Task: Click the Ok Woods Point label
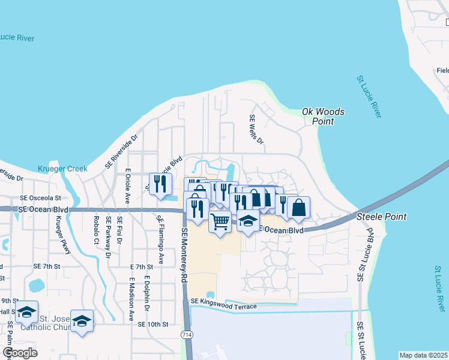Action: (x=324, y=116)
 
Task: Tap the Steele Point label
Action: (x=382, y=217)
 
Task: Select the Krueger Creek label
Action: (x=62, y=169)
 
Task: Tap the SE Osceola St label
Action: (x=40, y=197)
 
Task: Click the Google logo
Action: (x=20, y=352)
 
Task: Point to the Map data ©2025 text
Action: (x=424, y=355)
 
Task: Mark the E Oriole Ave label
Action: (x=127, y=184)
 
